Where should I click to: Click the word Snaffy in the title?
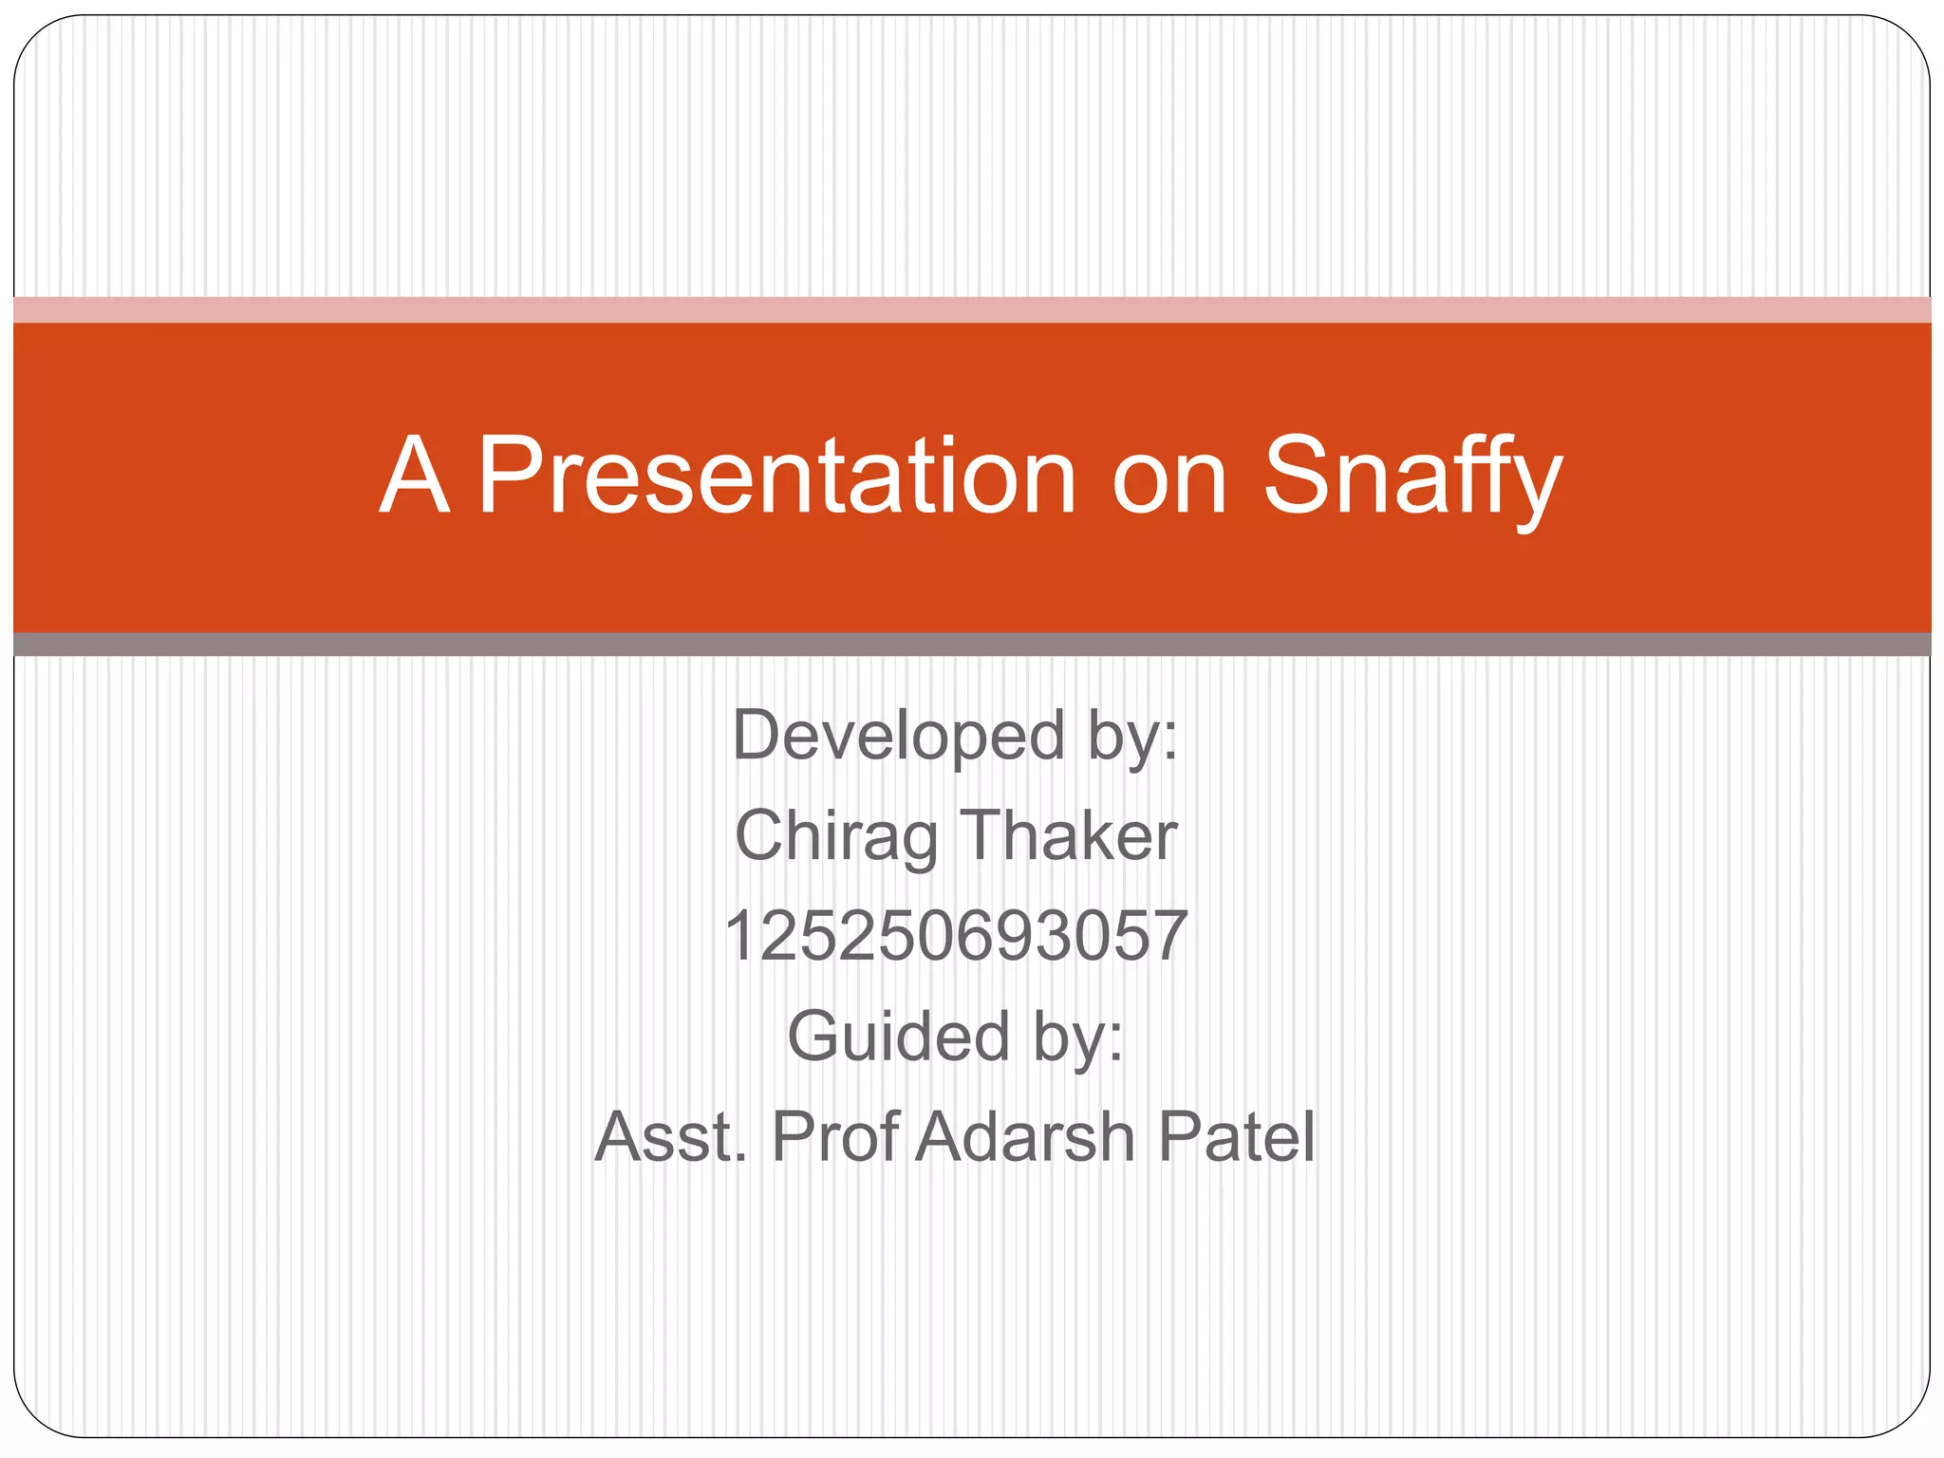tap(1411, 477)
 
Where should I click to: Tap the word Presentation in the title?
tap(776, 477)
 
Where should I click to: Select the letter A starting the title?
tap(414, 477)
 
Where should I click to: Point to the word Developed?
tap(898, 736)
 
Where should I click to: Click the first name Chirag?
tap(836, 836)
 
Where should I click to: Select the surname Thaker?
tap(1069, 836)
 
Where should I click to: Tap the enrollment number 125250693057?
tap(956, 937)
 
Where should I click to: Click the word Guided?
tap(897, 1037)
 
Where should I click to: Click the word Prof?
tap(835, 1137)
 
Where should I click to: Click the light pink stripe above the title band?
tap(972, 310)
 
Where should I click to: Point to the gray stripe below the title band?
tap(972, 645)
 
